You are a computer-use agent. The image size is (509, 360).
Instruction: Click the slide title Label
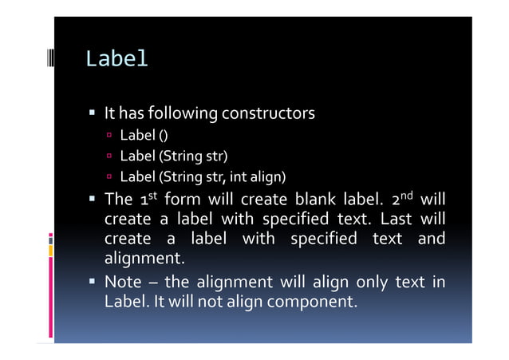pyautogui.click(x=116, y=59)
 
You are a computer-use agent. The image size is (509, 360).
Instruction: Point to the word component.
pyautogui.click(x=308, y=303)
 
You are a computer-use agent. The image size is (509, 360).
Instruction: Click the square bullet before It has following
pyautogui.click(x=93, y=114)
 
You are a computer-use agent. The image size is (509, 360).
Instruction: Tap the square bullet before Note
pyautogui.click(x=93, y=282)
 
